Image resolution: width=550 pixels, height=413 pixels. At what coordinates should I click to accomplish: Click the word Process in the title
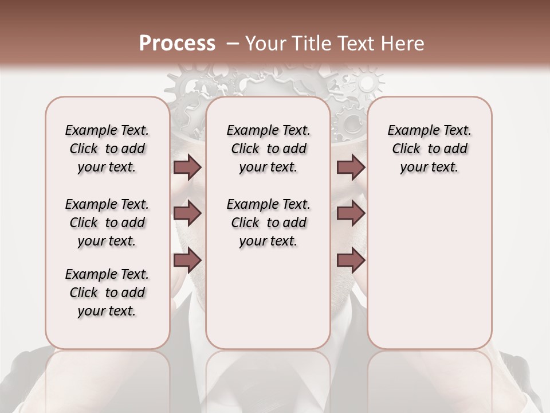[x=177, y=44]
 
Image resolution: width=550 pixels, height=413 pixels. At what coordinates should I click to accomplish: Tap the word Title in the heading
[x=312, y=44]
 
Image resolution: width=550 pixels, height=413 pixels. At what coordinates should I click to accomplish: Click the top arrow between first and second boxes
[x=187, y=167]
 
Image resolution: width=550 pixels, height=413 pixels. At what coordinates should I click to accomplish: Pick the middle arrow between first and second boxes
[x=187, y=214]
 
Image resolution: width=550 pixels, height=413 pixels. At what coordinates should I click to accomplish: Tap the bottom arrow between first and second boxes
[x=187, y=260]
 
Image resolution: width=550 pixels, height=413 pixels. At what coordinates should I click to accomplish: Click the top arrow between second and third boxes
[x=351, y=167]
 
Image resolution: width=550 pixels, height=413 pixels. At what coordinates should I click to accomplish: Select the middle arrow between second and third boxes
[x=351, y=214]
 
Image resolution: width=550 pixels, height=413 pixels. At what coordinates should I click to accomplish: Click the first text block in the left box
[x=107, y=149]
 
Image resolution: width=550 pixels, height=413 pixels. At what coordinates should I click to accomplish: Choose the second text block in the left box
[x=107, y=223]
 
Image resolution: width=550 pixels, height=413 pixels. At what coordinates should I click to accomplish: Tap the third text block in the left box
[x=107, y=293]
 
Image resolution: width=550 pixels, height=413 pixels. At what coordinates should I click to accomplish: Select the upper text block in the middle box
[x=268, y=149]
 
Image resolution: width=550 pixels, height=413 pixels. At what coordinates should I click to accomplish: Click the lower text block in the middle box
[x=268, y=223]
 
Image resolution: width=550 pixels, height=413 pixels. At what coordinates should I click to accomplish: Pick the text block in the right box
[x=429, y=149]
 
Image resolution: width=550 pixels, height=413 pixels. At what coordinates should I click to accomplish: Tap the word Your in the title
[x=265, y=44]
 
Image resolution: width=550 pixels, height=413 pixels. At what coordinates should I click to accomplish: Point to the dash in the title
[x=232, y=44]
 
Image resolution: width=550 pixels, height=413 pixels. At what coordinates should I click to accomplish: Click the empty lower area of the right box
[x=429, y=270]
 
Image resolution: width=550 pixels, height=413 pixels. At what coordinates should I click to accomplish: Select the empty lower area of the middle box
[x=268, y=298]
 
